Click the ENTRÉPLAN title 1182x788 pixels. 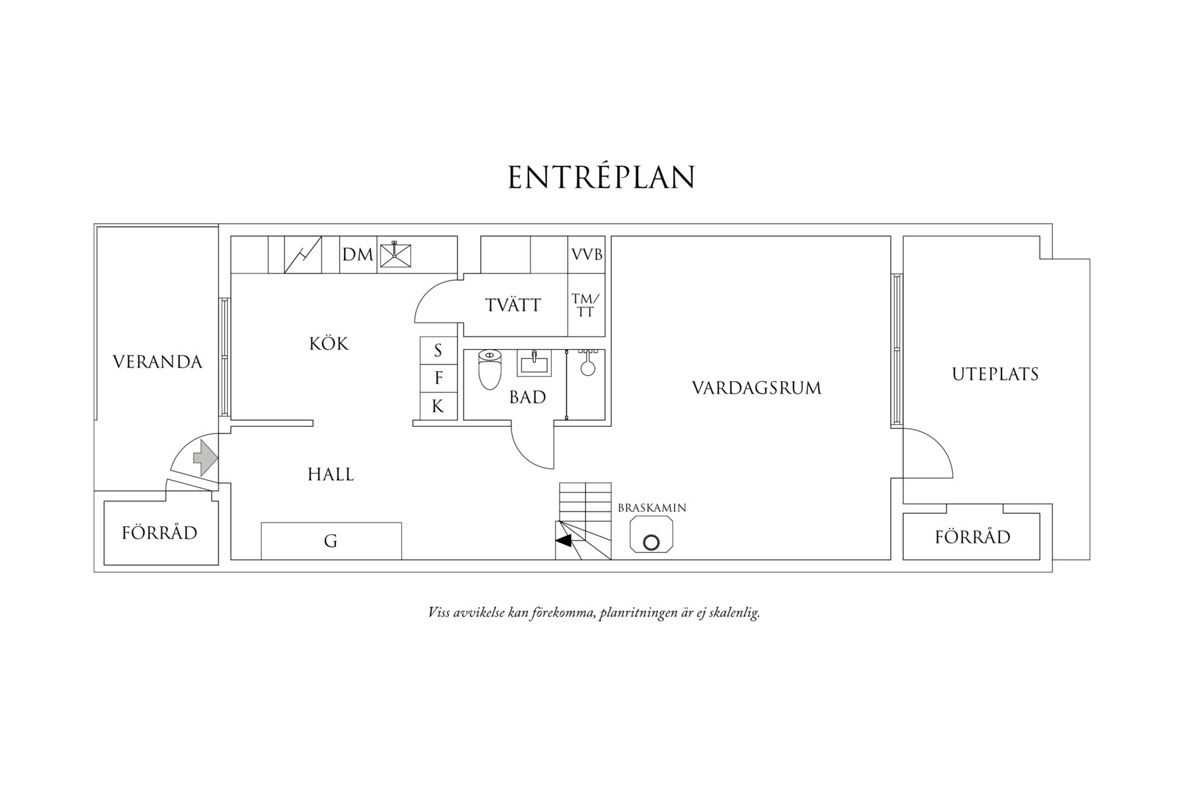[x=602, y=177]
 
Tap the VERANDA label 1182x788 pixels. [x=157, y=362]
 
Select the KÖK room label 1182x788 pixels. [x=329, y=343]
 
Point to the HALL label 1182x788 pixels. [x=331, y=474]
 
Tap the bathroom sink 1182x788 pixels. [x=534, y=363]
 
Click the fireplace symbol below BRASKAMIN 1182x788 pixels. [x=651, y=534]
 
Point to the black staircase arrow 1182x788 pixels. [x=563, y=541]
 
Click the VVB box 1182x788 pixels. [x=586, y=254]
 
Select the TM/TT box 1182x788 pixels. [x=586, y=305]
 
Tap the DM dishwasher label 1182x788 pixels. [x=358, y=254]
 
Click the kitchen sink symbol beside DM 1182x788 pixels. [x=395, y=255]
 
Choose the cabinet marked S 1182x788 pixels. [x=438, y=351]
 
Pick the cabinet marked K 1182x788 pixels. [x=438, y=406]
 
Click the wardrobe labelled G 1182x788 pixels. [x=331, y=541]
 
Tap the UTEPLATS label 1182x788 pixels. [x=995, y=374]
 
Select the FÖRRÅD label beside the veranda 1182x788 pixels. [x=160, y=532]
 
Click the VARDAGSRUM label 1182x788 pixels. [x=756, y=388]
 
